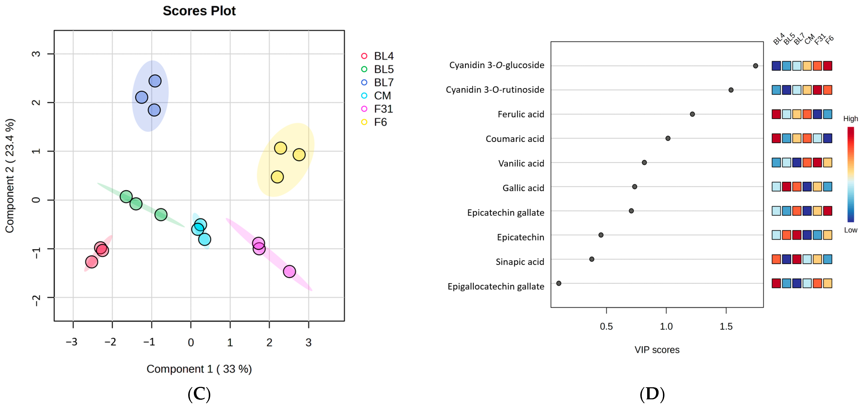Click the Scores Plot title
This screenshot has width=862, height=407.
[199, 11]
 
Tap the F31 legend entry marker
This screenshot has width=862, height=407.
[364, 109]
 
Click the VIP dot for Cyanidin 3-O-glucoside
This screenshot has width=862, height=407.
[755, 66]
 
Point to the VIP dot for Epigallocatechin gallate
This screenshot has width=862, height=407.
[558, 283]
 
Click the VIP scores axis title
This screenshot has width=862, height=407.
[657, 350]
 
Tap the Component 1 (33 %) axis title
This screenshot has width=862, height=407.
[199, 369]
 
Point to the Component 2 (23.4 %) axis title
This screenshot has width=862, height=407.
[10, 176]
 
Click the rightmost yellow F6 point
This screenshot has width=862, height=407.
[299, 155]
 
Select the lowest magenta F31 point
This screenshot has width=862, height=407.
[289, 271]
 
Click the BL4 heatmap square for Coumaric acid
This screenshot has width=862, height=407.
[776, 138]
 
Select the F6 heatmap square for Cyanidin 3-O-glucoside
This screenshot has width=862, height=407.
[827, 66]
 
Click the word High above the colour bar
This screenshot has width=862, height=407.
[850, 119]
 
